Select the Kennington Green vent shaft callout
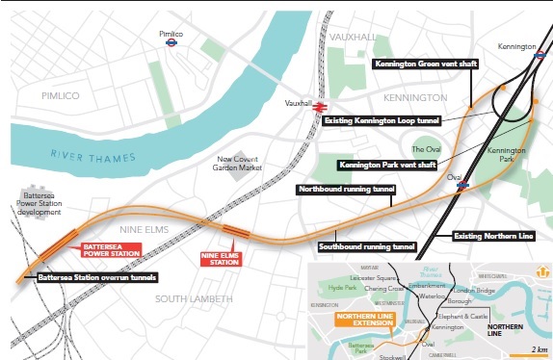coord(425,64)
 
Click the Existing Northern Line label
coord(489,235)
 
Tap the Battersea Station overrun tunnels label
coord(95,278)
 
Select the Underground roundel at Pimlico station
coord(171,42)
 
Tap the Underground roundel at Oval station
coord(463,185)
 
